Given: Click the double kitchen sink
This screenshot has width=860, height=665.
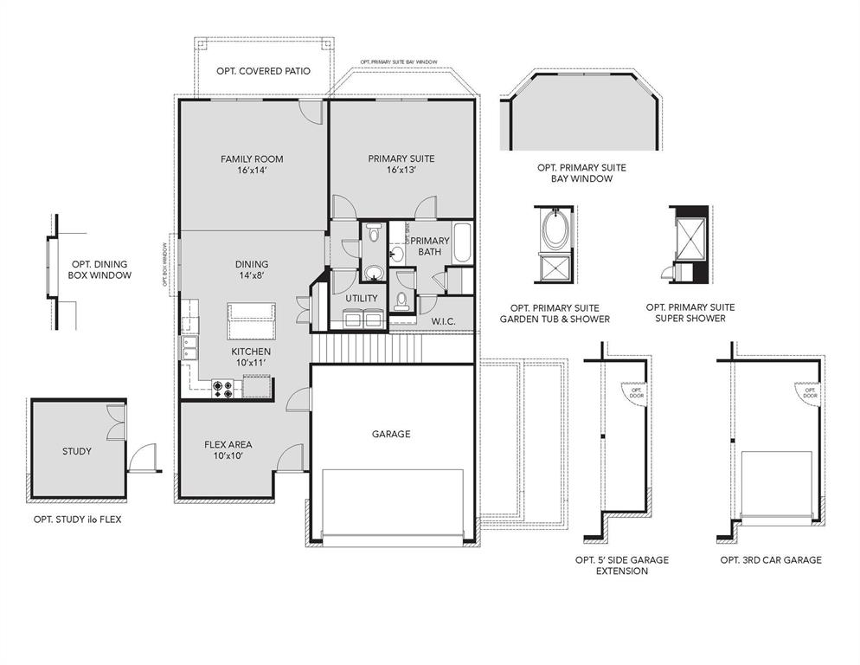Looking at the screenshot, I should coord(190,348).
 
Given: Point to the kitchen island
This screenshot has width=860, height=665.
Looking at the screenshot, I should coord(251,322).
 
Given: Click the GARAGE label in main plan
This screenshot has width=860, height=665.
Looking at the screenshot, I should coord(391,434).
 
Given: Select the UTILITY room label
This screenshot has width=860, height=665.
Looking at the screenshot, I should coord(362,298).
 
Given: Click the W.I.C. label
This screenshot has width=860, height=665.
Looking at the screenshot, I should coord(443,321).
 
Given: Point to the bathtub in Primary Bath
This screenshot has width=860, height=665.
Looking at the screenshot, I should coord(462,244).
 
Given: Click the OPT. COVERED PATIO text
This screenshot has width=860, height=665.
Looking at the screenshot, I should coord(261,71).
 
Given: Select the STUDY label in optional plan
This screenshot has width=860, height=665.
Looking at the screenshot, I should coord(76,451).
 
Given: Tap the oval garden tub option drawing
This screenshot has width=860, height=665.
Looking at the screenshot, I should coord(554,230).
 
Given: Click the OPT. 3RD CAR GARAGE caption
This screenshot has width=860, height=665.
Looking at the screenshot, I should coord(770,560).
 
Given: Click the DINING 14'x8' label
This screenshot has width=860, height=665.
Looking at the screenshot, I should coord(251,270).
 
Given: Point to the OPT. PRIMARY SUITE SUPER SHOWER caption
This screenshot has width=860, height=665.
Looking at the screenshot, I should coord(690,313).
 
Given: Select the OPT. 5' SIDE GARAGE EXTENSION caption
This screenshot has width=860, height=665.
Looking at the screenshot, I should coord(621,565).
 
